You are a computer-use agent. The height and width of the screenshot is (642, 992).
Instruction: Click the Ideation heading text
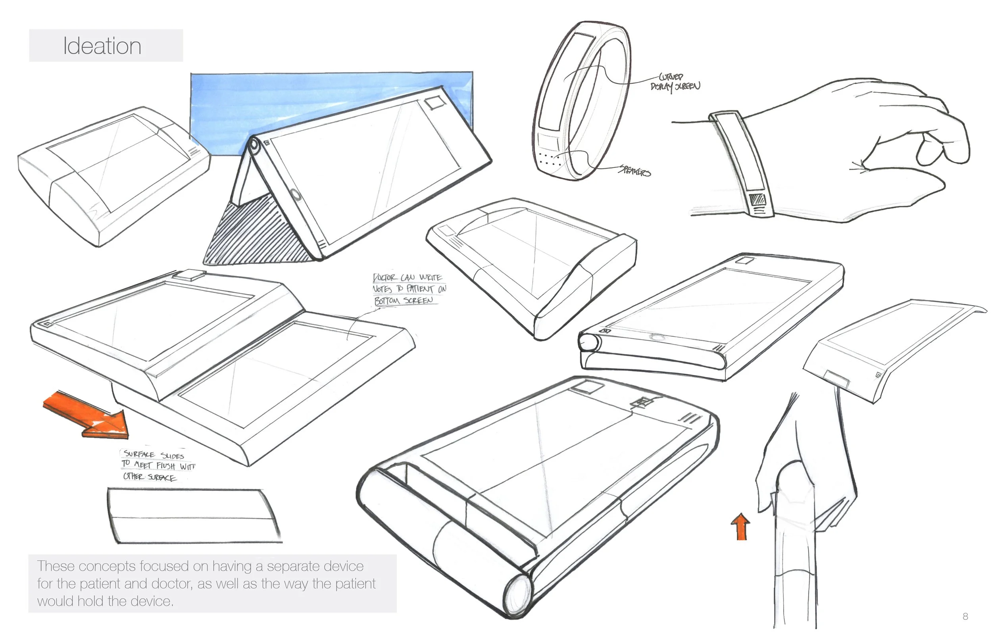pyautogui.click(x=102, y=46)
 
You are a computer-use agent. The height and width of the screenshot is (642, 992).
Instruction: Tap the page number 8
pyautogui.click(x=965, y=616)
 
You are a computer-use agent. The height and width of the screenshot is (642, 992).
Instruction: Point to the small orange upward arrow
pyautogui.click(x=741, y=527)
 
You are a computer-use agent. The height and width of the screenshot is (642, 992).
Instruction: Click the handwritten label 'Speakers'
pyautogui.click(x=634, y=171)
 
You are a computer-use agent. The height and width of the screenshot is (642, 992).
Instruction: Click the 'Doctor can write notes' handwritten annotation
pyautogui.click(x=408, y=289)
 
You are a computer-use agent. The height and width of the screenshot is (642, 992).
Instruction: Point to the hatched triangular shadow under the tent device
pyautogui.click(x=250, y=238)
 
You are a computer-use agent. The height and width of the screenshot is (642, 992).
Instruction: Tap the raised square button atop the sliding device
pyautogui.click(x=190, y=275)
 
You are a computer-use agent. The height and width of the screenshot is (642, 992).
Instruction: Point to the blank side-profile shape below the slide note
pyautogui.click(x=194, y=517)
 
